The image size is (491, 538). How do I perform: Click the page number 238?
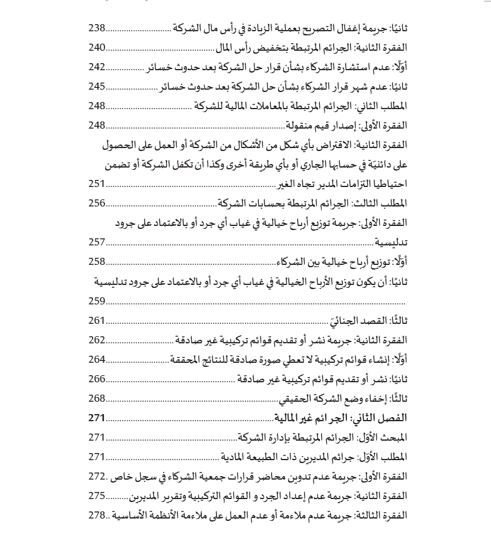coord(97,28)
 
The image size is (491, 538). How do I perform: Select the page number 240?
coord(97,47)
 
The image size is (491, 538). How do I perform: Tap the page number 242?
coord(97,67)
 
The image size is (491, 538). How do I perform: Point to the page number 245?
coord(97,86)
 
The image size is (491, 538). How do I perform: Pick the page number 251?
coord(97,183)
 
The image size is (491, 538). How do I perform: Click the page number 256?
coord(97,203)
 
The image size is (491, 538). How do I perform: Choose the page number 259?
coord(97,301)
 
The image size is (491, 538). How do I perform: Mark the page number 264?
coord(97,359)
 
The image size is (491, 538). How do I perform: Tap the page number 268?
coord(97,398)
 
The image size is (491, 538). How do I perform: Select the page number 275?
coord(97,496)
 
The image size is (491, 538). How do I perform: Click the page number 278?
coord(97,515)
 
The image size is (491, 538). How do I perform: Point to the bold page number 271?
coord(97,418)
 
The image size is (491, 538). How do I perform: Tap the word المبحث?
coord(394,438)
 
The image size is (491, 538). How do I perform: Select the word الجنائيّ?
coord(349,321)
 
